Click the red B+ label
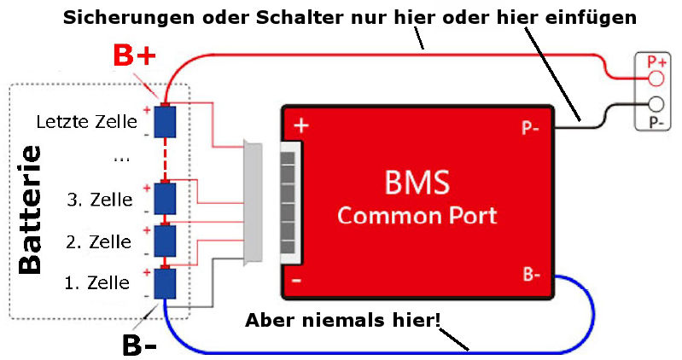tap(135, 57)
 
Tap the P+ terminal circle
tap(656, 78)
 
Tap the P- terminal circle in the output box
tap(656, 105)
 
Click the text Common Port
tap(417, 214)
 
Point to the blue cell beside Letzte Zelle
tap(164, 121)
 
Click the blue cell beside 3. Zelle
tap(164, 199)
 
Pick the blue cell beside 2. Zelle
tap(164, 241)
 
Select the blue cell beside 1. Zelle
tap(164, 282)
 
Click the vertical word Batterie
tap(31, 209)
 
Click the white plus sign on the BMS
tap(300, 125)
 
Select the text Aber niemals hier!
tap(342, 321)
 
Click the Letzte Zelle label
tap(86, 122)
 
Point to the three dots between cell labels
tap(120, 158)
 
